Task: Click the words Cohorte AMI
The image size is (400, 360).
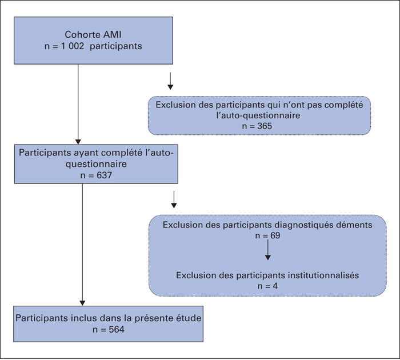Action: click(x=93, y=34)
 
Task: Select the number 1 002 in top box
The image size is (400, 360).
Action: click(x=73, y=46)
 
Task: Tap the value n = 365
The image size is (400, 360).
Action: click(x=257, y=126)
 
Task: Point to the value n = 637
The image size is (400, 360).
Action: click(x=96, y=175)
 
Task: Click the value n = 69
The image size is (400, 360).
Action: click(x=267, y=235)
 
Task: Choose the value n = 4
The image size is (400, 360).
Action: click(x=267, y=286)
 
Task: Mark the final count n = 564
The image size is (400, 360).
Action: click(x=109, y=329)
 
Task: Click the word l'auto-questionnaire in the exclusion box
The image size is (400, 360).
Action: click(x=258, y=115)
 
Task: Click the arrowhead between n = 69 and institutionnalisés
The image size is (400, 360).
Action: click(x=267, y=257)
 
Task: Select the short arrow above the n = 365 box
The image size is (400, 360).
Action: click(x=170, y=81)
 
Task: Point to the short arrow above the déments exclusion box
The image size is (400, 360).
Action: click(x=174, y=199)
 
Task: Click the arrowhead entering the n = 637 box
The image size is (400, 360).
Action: click(x=78, y=142)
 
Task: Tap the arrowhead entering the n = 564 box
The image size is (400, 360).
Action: click(x=82, y=303)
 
